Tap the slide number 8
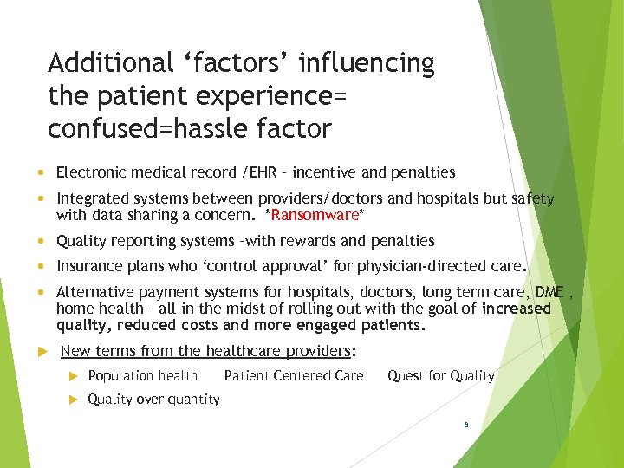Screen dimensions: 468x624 (x=466, y=426)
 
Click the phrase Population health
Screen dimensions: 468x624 (x=143, y=376)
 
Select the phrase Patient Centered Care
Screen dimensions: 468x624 (x=294, y=376)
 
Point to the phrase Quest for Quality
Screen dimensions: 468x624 (x=440, y=376)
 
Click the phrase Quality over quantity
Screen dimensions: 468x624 (x=153, y=400)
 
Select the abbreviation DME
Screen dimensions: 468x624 (x=549, y=293)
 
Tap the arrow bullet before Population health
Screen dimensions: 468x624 (x=75, y=376)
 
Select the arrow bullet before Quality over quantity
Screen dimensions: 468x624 (x=75, y=400)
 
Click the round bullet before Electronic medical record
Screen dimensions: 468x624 (x=42, y=172)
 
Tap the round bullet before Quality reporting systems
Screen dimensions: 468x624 (x=42, y=241)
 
